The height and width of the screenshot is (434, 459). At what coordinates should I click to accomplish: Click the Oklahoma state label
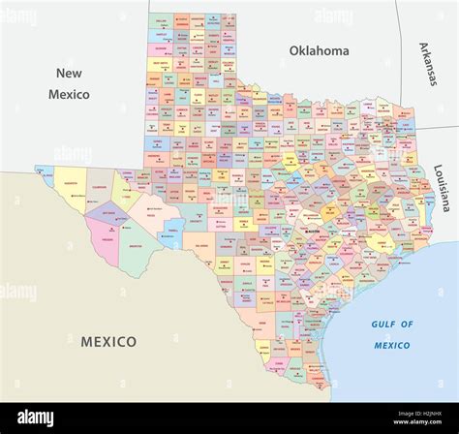319,50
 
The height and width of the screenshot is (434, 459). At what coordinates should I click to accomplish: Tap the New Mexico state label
69,84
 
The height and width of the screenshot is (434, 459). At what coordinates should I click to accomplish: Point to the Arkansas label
426,65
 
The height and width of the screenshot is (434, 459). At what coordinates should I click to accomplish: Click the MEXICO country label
107,341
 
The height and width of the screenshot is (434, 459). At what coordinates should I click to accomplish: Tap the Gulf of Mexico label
392,334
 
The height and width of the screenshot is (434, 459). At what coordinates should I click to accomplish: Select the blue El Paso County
44,173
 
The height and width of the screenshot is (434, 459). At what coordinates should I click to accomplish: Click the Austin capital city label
316,232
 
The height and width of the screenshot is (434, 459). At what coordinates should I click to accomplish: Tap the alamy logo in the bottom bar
35,418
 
